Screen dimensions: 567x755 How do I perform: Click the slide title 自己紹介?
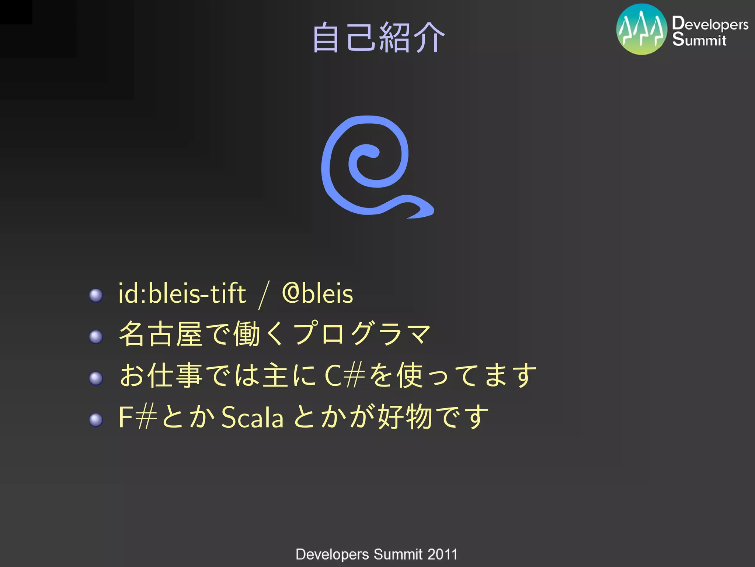pyautogui.click(x=379, y=37)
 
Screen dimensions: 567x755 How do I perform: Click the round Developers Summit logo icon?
pyautogui.click(x=641, y=29)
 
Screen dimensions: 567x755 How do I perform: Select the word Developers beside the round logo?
pyautogui.click(x=710, y=24)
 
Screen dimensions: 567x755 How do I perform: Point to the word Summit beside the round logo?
pyautogui.click(x=699, y=39)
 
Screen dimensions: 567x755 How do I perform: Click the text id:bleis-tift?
pyautogui.click(x=182, y=293)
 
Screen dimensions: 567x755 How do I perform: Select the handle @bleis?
pyautogui.click(x=317, y=293)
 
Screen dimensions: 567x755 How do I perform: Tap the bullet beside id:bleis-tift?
pyautogui.click(x=96, y=295)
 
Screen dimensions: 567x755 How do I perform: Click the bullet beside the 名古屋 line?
pyautogui.click(x=96, y=336)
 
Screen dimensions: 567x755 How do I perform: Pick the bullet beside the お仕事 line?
pyautogui.click(x=96, y=378)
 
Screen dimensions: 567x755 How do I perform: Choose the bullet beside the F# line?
pyautogui.click(x=96, y=420)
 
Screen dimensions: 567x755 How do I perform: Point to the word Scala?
pyautogui.click(x=253, y=417)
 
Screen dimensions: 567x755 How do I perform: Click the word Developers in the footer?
pyautogui.click(x=332, y=554)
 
